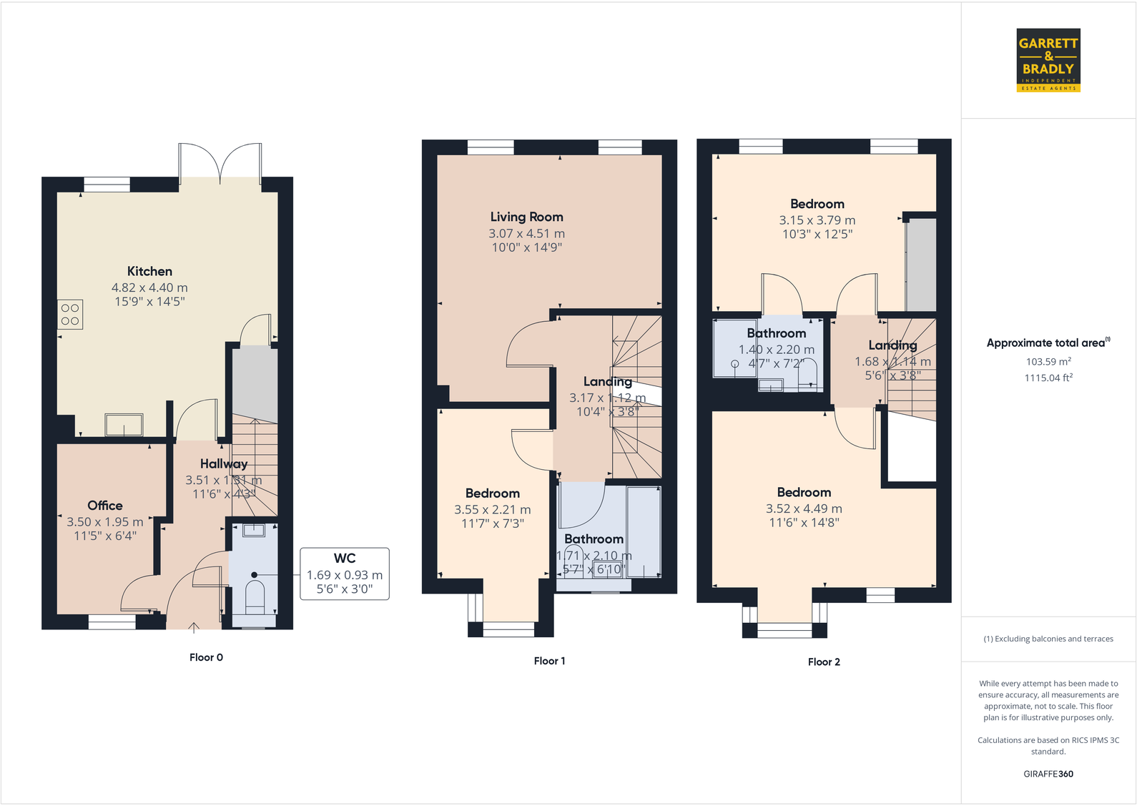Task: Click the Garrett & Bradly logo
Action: click(1048, 60)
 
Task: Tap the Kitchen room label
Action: click(149, 272)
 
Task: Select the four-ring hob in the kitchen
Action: click(70, 315)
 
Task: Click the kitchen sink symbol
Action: click(124, 425)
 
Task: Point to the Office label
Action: click(105, 506)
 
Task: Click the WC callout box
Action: click(345, 574)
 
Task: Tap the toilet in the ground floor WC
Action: click(255, 596)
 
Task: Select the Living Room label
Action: click(526, 217)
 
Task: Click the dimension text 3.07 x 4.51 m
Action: click(526, 234)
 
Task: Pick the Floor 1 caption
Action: click(549, 661)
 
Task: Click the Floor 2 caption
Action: click(824, 662)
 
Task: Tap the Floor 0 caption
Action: click(206, 657)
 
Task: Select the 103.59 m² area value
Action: click(1048, 362)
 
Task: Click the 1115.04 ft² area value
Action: click(1048, 378)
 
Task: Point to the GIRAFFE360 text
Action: click(1048, 774)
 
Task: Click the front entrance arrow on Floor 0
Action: click(194, 628)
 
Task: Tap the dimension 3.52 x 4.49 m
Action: click(804, 509)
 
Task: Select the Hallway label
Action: click(223, 464)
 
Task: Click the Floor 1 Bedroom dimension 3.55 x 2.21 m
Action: click(492, 510)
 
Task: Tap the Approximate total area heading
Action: click(1048, 343)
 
